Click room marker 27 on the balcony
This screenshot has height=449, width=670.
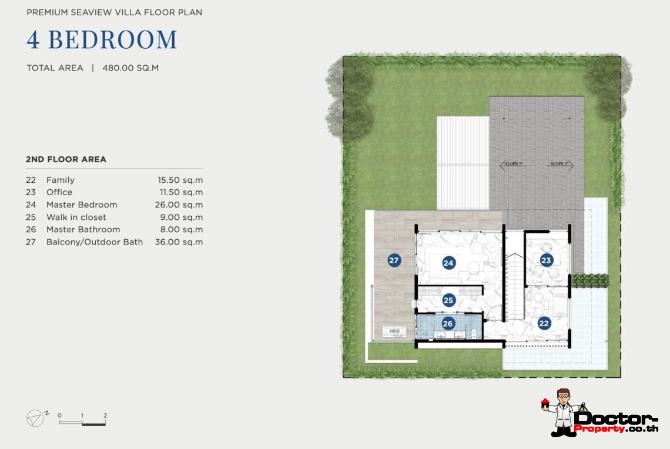(x=394, y=260)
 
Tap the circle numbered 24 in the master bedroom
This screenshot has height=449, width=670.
(x=448, y=263)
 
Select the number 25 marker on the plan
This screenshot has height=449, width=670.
(x=448, y=300)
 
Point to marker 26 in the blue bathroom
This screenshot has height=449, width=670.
(x=448, y=323)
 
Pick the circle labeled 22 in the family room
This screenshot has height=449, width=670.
(x=544, y=323)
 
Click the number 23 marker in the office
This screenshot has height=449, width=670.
(x=546, y=260)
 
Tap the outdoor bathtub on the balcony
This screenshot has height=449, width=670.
(x=394, y=331)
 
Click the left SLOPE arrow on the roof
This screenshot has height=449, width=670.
(x=511, y=164)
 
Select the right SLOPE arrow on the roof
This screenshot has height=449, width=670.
(x=560, y=164)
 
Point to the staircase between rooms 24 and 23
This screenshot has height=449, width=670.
(x=515, y=286)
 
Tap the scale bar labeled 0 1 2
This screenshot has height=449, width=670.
(x=82, y=420)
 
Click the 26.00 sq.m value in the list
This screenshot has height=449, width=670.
(x=179, y=205)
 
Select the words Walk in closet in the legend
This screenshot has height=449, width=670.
(x=76, y=217)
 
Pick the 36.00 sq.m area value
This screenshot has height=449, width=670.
(x=179, y=242)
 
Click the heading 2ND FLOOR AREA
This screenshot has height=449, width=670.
(x=66, y=159)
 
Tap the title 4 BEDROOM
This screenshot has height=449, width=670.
(x=102, y=39)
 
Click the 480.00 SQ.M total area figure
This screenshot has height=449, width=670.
(x=130, y=68)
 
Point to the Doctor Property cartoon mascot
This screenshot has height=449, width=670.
(x=564, y=413)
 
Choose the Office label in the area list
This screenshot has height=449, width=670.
(x=59, y=192)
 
